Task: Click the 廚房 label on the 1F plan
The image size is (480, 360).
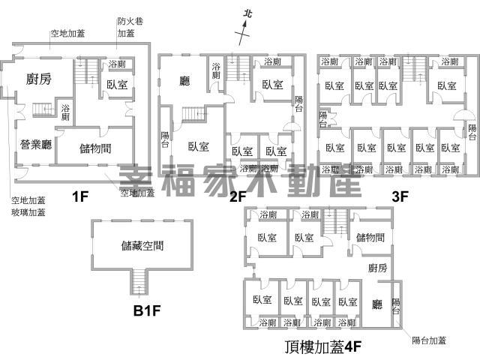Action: [38, 80]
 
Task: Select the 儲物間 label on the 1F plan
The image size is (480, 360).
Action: [96, 148]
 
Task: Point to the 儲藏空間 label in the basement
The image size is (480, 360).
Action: [142, 245]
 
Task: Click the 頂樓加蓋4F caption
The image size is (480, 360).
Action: [323, 346]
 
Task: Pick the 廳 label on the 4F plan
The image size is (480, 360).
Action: [377, 304]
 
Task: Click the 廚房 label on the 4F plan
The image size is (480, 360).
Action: [377, 268]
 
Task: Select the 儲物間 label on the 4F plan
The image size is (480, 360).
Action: [370, 238]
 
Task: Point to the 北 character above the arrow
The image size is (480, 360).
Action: [250, 13]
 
